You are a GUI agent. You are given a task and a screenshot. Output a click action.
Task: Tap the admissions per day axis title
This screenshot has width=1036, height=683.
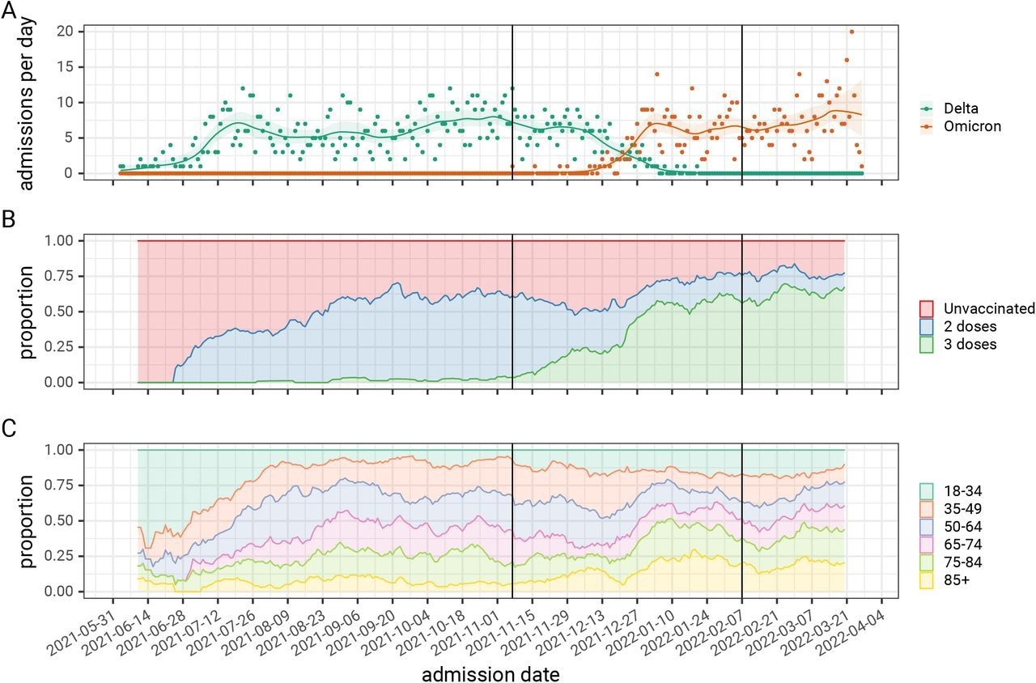(27, 101)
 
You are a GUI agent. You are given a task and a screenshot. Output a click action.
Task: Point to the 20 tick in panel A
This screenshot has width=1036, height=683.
(65, 32)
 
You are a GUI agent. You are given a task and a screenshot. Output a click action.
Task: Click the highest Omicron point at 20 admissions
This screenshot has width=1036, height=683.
(851, 32)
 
